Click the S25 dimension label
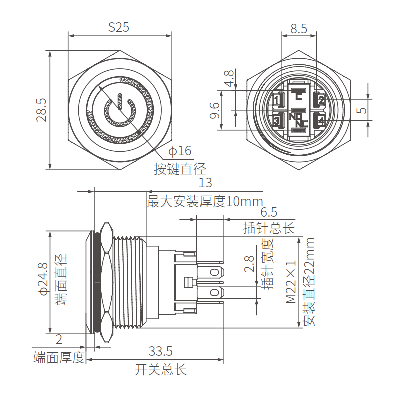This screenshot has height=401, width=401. tap(119, 27)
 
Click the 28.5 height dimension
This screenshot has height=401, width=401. tap(41, 110)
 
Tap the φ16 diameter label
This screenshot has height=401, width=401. tap(180, 151)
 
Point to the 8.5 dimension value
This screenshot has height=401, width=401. tap(299, 29)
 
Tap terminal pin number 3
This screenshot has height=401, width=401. tap(276, 121)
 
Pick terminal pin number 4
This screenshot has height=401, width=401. tap(321, 121)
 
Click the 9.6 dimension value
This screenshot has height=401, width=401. tap(214, 110)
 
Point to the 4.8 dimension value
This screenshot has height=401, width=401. tap(229, 79)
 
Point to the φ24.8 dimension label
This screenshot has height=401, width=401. tap(42, 279)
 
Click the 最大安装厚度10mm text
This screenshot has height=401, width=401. tap(205, 202)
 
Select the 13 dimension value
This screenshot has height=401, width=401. tap(205, 183)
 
